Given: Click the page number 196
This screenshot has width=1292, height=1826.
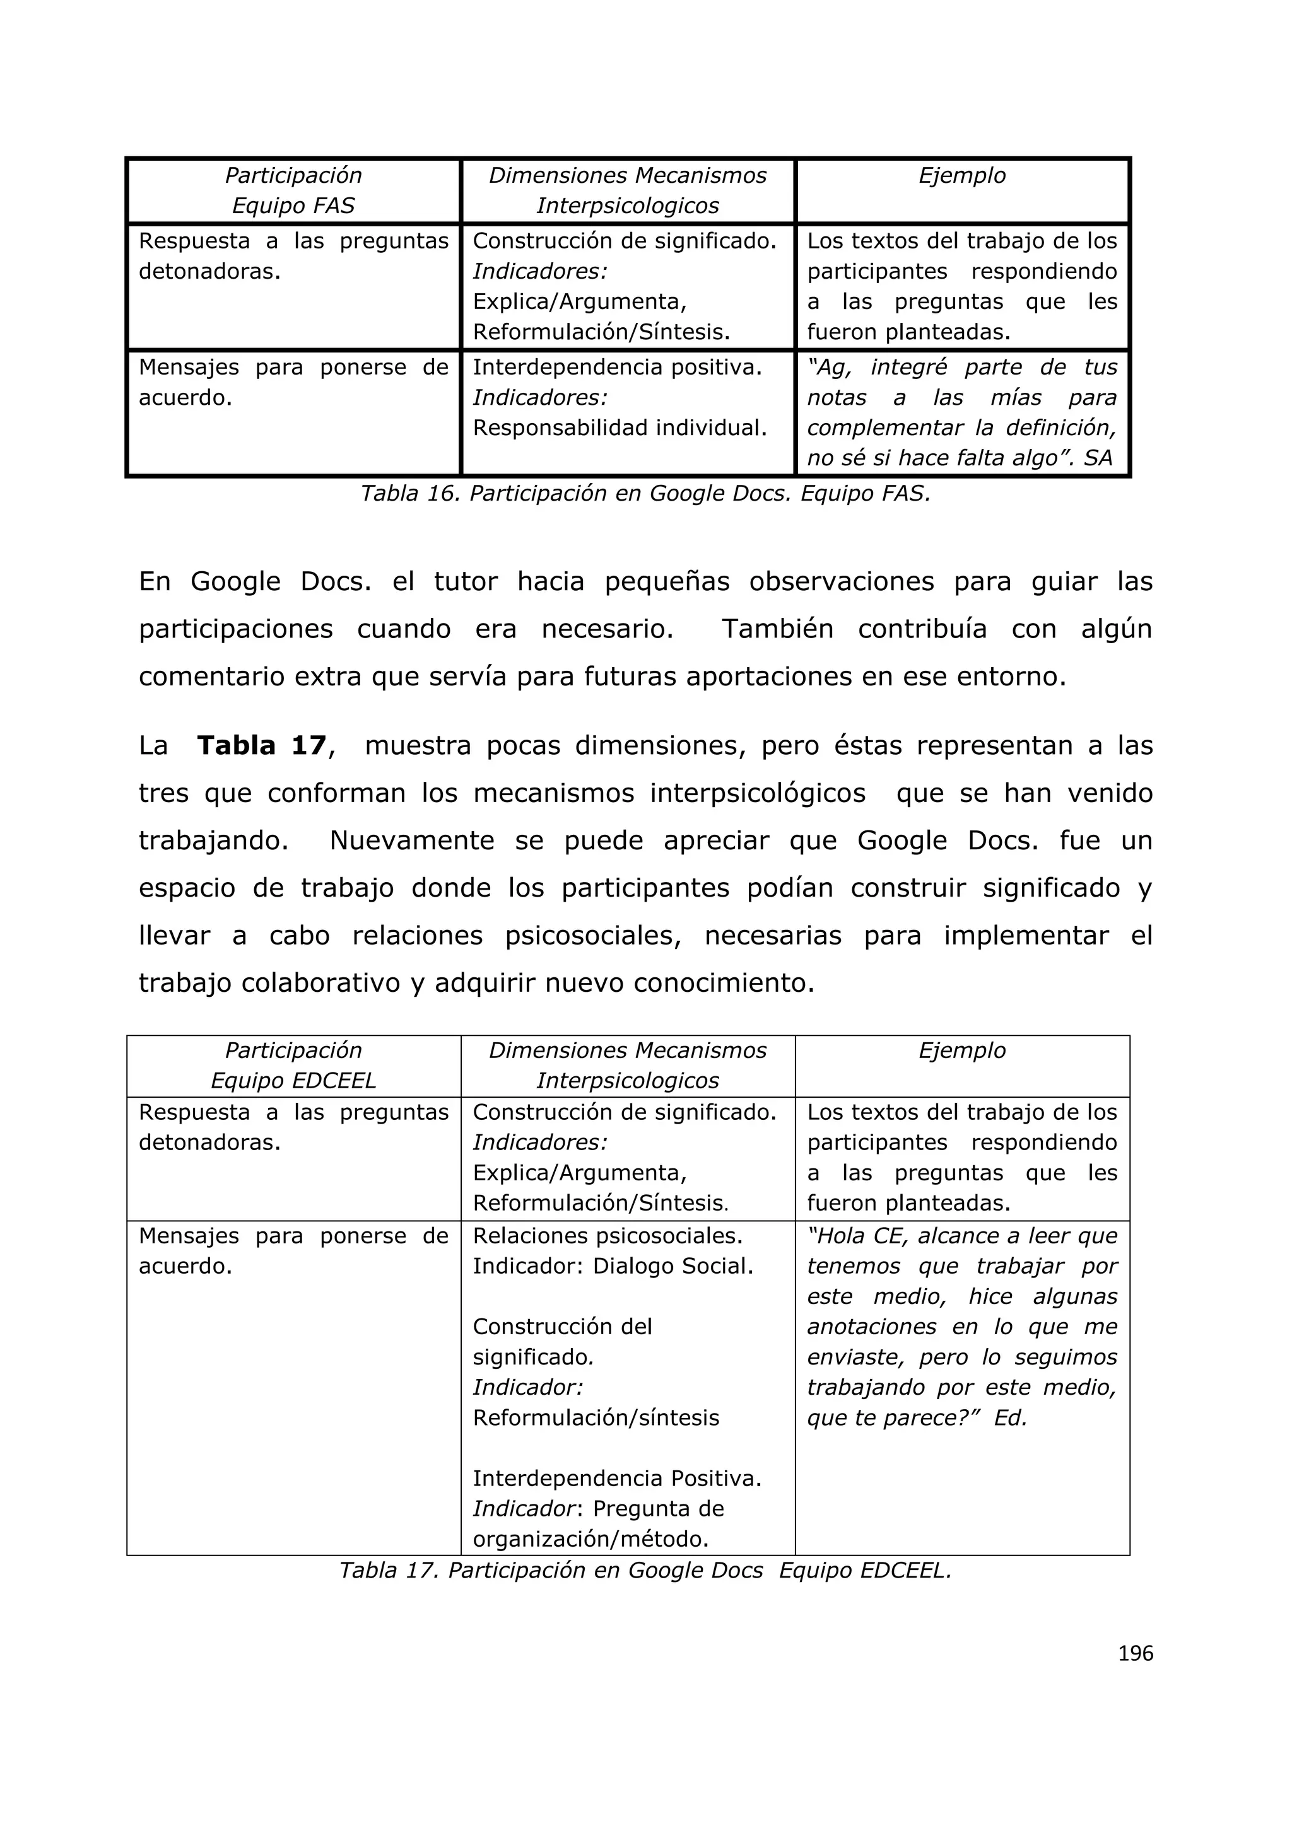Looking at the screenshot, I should click(x=1136, y=1653).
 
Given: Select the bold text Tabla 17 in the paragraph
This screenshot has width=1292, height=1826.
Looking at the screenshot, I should click(x=261, y=746).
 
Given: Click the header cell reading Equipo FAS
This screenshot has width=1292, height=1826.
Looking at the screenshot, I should click(x=293, y=206).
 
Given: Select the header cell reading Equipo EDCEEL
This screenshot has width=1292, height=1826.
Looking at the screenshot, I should click(x=293, y=1081).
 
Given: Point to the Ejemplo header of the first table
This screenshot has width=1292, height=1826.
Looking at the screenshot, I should click(x=962, y=176).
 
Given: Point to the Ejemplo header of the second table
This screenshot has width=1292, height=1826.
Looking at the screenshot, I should click(x=962, y=1050).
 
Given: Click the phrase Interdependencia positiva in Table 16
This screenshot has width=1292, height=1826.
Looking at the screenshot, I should click(x=616, y=368).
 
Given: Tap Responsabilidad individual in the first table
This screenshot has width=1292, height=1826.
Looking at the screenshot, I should click(x=620, y=428).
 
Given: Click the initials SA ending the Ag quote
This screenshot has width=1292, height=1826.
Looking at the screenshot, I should click(x=1097, y=458).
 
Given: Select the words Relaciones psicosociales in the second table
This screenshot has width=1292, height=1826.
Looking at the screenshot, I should click(x=607, y=1236).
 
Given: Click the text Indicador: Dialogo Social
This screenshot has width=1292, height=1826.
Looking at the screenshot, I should click(x=613, y=1266).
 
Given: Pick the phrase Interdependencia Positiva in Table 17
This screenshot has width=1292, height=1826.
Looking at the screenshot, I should click(x=616, y=1479).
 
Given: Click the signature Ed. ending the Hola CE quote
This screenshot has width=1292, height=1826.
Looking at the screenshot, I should click(x=1011, y=1418).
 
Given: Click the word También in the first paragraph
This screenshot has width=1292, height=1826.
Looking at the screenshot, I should click(x=777, y=629).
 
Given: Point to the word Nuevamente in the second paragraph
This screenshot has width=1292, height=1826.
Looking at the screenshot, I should click(x=411, y=840).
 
